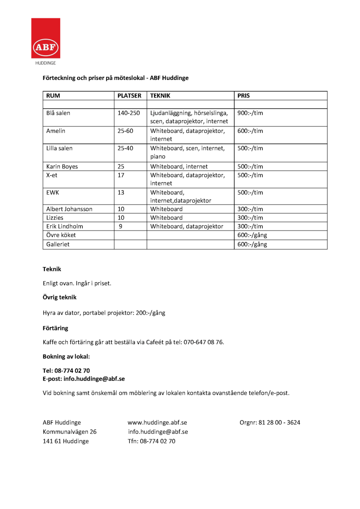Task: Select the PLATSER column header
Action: tap(129, 96)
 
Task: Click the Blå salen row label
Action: tap(58, 113)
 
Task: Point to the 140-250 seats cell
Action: tap(126, 113)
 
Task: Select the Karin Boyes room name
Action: tap(62, 167)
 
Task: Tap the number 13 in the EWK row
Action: tap(121, 193)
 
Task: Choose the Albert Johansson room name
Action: tap(69, 210)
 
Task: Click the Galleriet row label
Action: tap(58, 244)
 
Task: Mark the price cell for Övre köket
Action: tap(252, 236)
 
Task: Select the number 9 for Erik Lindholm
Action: tap(120, 227)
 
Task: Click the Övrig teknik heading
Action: tap(59, 298)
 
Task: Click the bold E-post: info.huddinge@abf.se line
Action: tap(84, 379)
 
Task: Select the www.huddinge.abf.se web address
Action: tap(157, 423)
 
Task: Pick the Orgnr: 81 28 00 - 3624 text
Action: tap(270, 423)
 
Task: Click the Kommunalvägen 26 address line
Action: tap(69, 432)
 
